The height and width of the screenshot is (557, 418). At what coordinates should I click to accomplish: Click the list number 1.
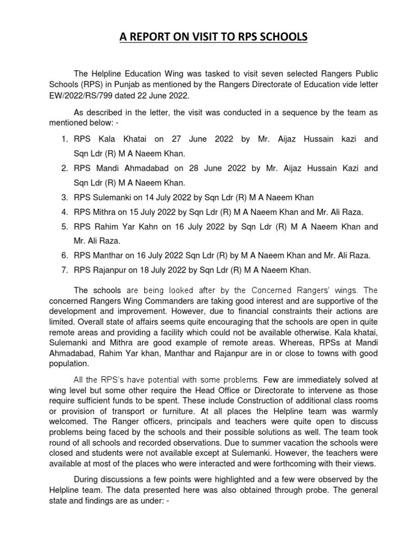pos(64,139)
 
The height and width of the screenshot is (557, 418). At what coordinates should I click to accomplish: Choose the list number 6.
pos(64,256)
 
